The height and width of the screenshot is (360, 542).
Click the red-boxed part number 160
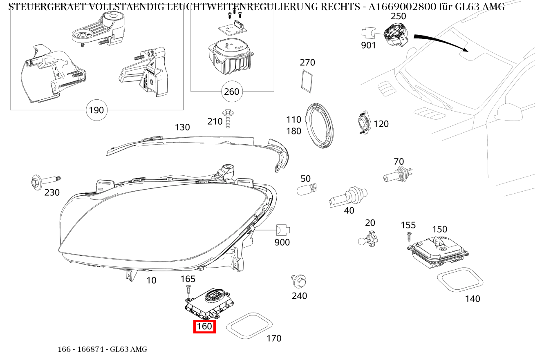pos(204,326)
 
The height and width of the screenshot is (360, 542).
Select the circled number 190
pos(96,110)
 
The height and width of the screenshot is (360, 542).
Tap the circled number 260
pos(231,92)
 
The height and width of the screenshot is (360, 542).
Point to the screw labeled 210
pos(227,118)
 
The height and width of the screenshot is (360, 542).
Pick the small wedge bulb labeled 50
pos(307,189)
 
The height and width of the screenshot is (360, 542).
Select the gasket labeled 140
pos(460,281)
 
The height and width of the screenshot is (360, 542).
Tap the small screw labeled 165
pos(188,290)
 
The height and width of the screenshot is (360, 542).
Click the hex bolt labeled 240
pos(300,281)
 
